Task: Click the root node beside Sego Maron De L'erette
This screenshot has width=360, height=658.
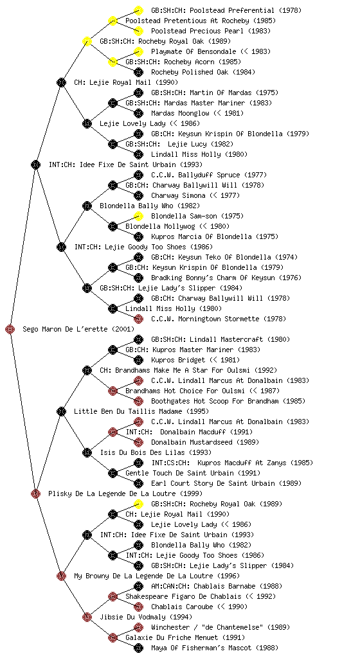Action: [x=10, y=329]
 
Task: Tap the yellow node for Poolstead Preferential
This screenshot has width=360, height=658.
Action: [x=138, y=10]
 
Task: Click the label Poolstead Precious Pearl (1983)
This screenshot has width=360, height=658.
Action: [x=211, y=31]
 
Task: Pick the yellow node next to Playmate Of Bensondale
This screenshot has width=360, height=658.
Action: [x=138, y=51]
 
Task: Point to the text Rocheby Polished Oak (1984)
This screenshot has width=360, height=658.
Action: [x=203, y=72]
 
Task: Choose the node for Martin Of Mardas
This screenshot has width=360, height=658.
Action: [x=138, y=93]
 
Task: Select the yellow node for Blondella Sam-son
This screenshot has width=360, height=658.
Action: [x=138, y=216]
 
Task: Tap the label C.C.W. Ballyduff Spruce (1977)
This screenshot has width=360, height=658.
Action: [x=209, y=175]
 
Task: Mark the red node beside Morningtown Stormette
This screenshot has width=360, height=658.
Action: [x=138, y=319]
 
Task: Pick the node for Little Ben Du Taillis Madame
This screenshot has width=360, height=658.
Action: [x=61, y=411]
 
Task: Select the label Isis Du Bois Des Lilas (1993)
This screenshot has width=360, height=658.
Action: [x=156, y=452]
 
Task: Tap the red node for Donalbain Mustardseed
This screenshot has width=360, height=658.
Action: [x=138, y=442]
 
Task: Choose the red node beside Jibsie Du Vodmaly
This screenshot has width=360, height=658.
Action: [x=87, y=617]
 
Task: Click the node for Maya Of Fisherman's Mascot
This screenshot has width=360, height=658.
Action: [x=138, y=648]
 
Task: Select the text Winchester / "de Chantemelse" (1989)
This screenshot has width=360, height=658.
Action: [x=221, y=627]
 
